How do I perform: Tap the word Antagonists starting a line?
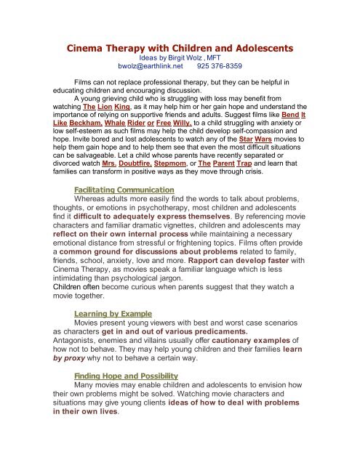pyautogui.click(x=86, y=347)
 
